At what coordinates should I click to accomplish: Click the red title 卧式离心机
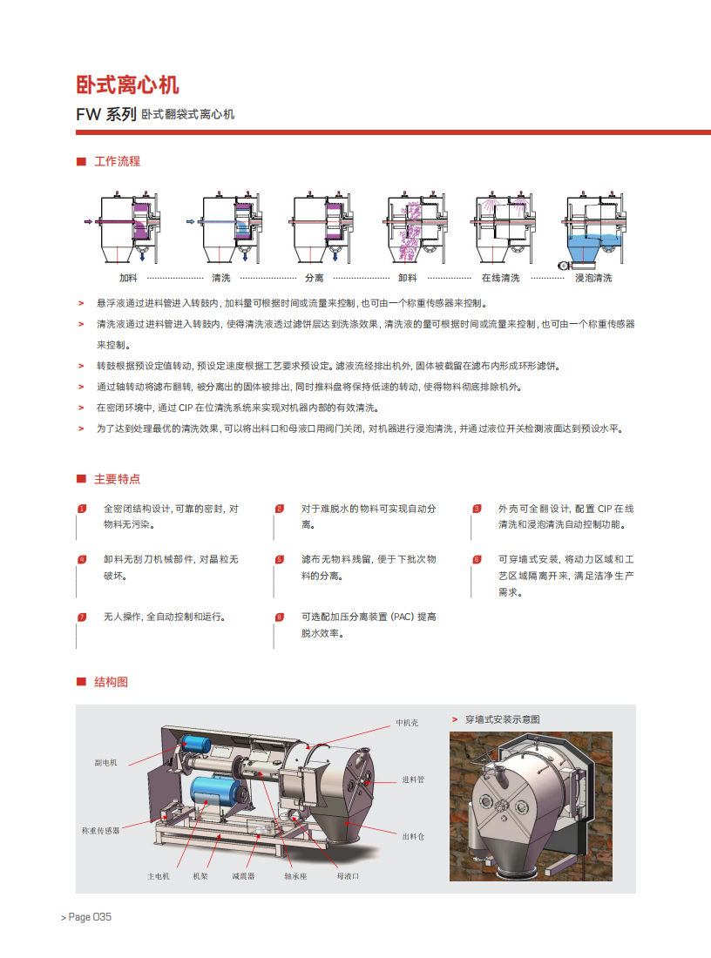click(x=127, y=85)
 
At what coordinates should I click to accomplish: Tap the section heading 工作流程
click(x=118, y=161)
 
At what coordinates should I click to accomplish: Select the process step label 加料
click(x=128, y=278)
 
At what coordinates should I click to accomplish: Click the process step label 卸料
click(x=408, y=278)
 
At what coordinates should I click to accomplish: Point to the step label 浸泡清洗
click(x=593, y=278)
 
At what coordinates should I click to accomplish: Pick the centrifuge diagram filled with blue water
click(x=593, y=230)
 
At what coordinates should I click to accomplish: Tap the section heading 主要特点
click(x=118, y=479)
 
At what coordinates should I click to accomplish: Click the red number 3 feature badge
click(x=477, y=509)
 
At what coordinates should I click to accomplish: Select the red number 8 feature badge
click(x=280, y=617)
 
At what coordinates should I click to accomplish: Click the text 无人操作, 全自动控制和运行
click(x=165, y=617)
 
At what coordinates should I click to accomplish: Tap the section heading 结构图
click(x=112, y=682)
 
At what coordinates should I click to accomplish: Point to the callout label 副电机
click(x=105, y=763)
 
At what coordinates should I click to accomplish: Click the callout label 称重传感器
click(x=101, y=830)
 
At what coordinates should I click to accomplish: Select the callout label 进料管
click(x=413, y=779)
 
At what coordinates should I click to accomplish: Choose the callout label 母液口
click(x=348, y=876)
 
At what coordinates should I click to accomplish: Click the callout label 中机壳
click(x=407, y=723)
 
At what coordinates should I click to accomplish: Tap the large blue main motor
click(x=214, y=791)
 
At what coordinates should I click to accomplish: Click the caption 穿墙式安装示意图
click(x=503, y=719)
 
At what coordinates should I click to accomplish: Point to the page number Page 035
click(x=90, y=917)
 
